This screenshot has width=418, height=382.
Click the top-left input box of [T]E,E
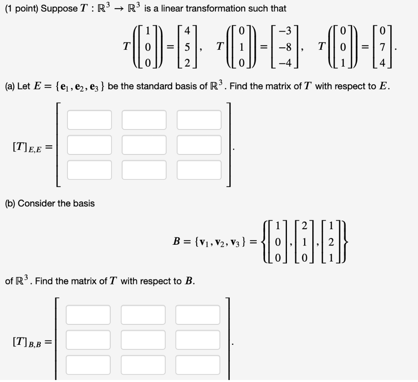point(89,120)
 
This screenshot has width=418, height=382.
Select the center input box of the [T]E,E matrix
point(144,145)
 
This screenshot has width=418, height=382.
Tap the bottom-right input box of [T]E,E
point(199,170)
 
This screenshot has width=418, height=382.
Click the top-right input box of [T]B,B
point(198,315)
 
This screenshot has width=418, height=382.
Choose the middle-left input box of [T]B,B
point(88,340)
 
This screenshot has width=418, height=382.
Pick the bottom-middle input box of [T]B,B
point(143,365)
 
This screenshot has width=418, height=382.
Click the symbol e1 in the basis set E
point(63,87)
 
